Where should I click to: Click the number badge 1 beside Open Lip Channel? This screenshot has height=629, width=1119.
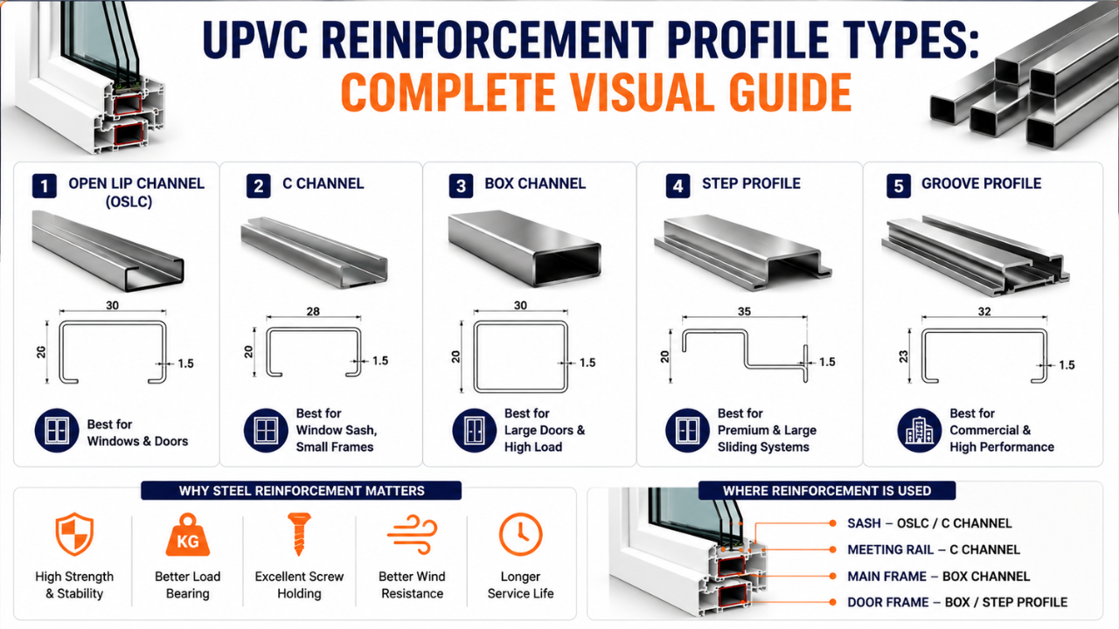pyautogui.click(x=45, y=186)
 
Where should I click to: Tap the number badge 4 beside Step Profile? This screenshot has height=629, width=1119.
pyautogui.click(x=678, y=186)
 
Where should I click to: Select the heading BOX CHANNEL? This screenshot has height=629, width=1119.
pyautogui.click(x=535, y=183)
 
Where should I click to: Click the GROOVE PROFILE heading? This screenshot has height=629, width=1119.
pyautogui.click(x=981, y=183)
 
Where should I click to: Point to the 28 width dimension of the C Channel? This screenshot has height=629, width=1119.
pyautogui.click(x=313, y=312)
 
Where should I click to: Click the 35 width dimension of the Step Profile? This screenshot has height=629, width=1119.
pyautogui.click(x=744, y=312)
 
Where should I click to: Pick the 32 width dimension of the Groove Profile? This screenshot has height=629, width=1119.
pyautogui.click(x=984, y=312)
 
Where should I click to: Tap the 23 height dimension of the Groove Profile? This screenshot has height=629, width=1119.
pyautogui.click(x=903, y=356)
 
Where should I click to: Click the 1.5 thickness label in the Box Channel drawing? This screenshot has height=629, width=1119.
pyautogui.click(x=587, y=363)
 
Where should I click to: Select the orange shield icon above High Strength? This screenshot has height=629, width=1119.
pyautogui.click(x=74, y=534)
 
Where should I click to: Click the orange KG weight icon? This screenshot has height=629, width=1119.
pyautogui.click(x=188, y=535)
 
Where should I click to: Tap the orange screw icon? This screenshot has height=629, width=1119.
pyautogui.click(x=299, y=534)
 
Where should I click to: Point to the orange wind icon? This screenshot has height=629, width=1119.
pyautogui.click(x=412, y=534)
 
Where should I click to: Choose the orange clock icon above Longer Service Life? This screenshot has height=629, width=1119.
pyautogui.click(x=520, y=534)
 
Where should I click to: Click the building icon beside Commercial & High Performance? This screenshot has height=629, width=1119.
pyautogui.click(x=919, y=431)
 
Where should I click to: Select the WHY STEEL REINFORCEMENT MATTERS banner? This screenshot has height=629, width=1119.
pyautogui.click(x=302, y=491)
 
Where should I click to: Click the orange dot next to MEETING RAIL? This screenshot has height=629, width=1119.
pyautogui.click(x=832, y=550)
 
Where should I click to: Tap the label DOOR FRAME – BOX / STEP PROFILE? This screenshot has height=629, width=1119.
pyautogui.click(x=957, y=603)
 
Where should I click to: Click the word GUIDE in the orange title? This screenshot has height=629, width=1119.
pyautogui.click(x=789, y=93)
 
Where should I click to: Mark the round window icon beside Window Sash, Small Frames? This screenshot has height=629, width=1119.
pyautogui.click(x=266, y=431)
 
